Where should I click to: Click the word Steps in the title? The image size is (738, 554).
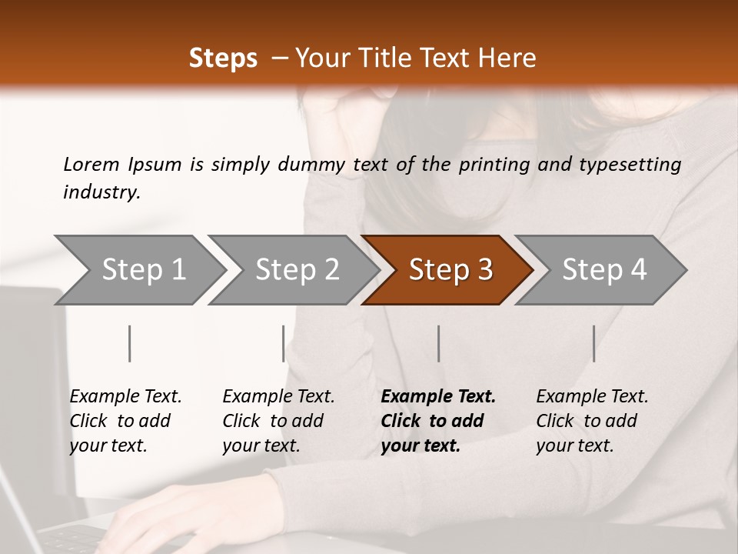223,58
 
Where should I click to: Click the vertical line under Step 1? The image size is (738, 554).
130,343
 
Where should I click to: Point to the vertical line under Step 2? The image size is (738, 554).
284,343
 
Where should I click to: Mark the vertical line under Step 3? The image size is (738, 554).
439,343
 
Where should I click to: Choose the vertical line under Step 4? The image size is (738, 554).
594,343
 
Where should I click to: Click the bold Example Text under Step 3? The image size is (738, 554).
438,421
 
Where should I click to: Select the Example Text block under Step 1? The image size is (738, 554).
125,421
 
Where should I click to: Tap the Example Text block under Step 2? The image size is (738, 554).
278,421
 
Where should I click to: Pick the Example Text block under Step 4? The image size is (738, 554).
592,421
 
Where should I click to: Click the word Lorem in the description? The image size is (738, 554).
91,164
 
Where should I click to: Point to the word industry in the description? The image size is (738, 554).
101,192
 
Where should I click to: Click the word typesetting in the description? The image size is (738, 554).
630,165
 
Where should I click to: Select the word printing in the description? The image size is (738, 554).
494,165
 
